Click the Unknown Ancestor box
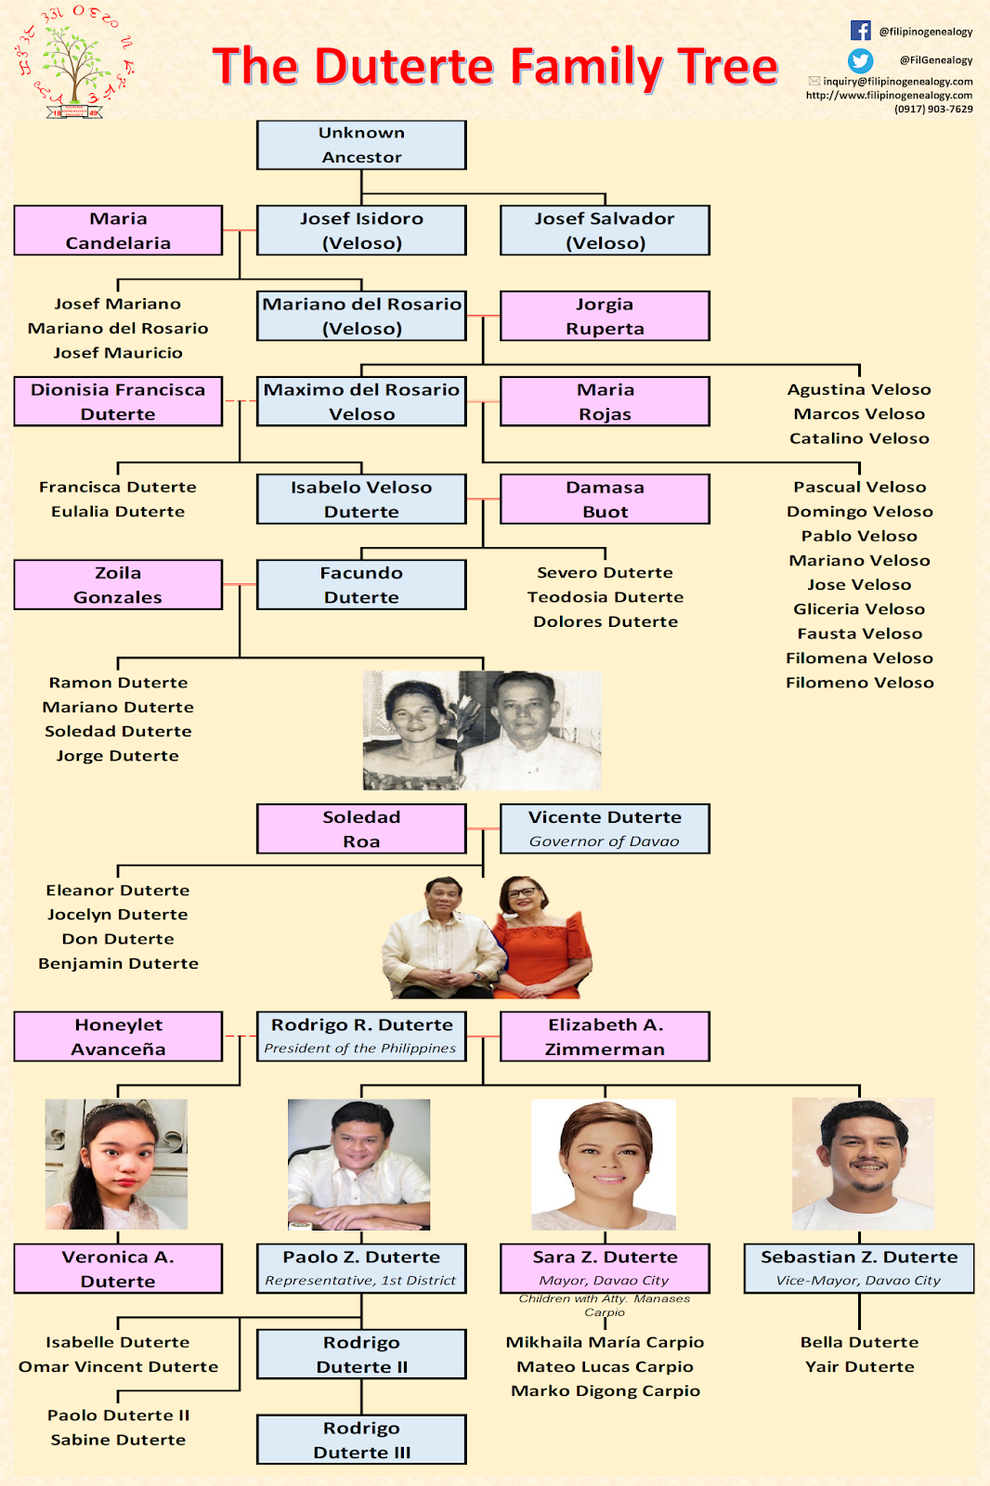(x=361, y=145)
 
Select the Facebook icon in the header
(x=860, y=31)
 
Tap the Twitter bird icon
(x=860, y=60)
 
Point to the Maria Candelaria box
(x=118, y=230)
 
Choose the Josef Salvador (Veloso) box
(x=605, y=230)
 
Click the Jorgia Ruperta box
(x=605, y=316)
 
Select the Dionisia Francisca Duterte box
(x=118, y=401)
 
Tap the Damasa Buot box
(x=605, y=499)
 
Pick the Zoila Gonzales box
(x=118, y=585)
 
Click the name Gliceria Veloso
(x=859, y=609)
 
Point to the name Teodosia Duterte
(x=605, y=597)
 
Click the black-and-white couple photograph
(x=482, y=730)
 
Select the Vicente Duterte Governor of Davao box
(x=605, y=828)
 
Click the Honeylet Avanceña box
(x=118, y=1036)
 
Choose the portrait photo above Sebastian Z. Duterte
(x=863, y=1165)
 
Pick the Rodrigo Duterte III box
(x=361, y=1440)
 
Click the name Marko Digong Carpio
(x=605, y=1391)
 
